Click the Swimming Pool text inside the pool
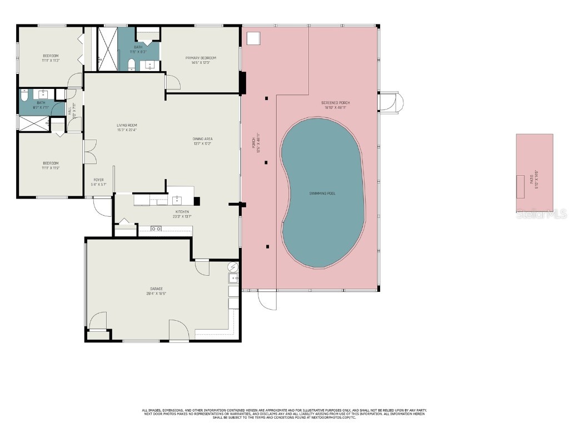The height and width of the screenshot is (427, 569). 322,193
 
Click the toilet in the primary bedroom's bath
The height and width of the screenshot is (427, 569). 132,66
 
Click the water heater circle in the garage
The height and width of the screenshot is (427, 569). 233,266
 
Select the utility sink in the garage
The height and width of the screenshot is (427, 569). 233,277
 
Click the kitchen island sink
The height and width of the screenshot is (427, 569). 177,200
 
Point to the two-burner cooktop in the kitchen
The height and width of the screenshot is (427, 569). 156,229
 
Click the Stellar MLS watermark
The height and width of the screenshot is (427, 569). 541,214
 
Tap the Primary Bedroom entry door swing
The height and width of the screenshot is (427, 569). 173,82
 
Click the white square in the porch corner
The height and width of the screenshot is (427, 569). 253,38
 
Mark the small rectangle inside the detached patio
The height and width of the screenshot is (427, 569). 521,186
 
